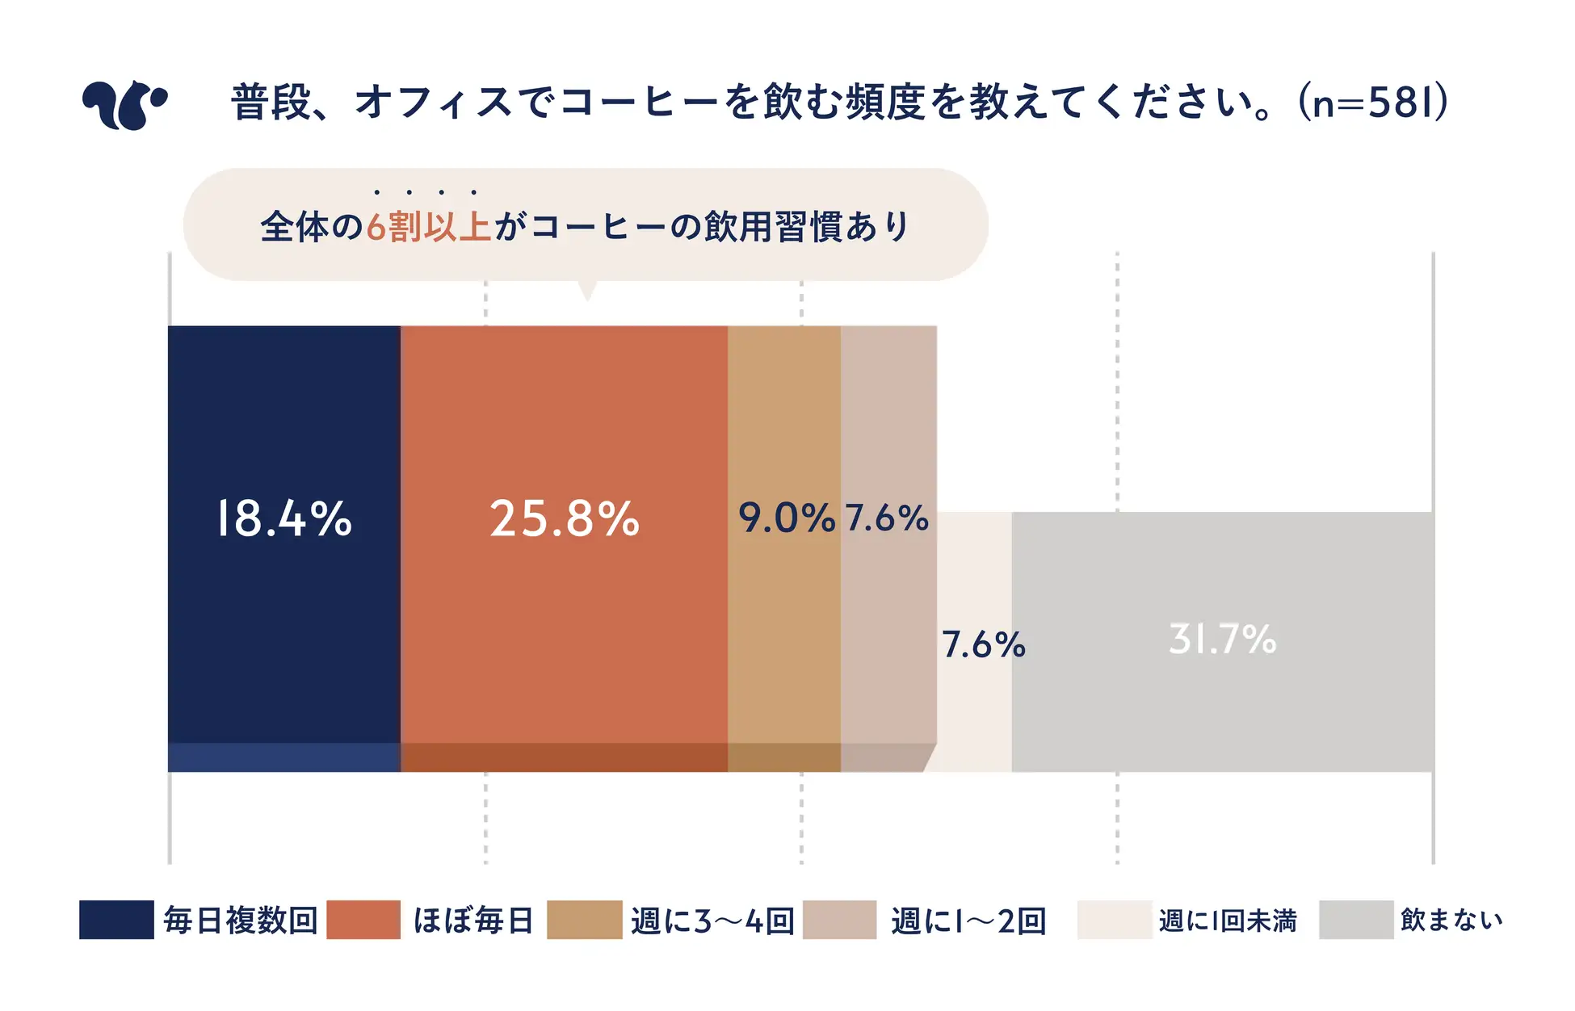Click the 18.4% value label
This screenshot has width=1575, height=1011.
284,518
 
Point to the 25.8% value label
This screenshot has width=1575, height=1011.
565,518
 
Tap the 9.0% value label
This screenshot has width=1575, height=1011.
786,518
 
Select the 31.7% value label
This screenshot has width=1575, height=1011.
1222,640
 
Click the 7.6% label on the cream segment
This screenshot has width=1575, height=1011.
983,645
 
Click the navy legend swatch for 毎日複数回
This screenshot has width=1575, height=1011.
116,920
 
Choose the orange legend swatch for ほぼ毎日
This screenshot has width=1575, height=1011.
363,920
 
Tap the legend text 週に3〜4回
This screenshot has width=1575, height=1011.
713,921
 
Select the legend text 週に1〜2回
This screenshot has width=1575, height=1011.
968,921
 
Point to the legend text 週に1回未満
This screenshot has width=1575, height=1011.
1228,921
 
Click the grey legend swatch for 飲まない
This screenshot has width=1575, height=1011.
1356,920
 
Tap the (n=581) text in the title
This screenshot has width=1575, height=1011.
1372,103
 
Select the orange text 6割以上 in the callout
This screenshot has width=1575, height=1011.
429,227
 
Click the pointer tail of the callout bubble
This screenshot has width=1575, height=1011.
587,291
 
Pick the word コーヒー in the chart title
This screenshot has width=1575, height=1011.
639,103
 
